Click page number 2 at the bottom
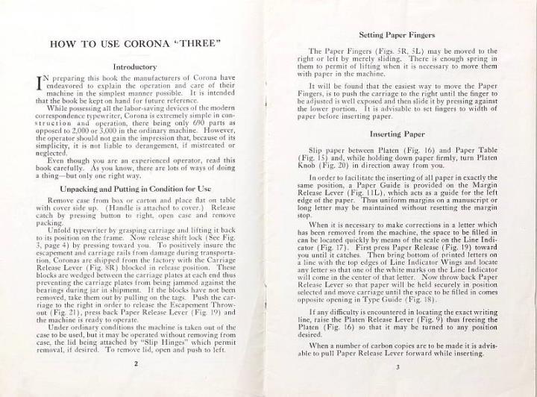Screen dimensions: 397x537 click(x=136, y=363)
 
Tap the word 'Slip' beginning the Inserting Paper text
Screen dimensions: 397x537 click(x=316, y=151)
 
